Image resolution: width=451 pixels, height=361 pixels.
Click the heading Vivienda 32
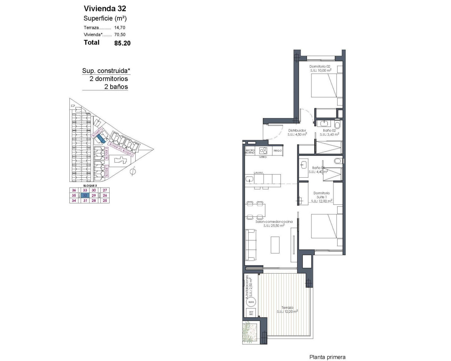[x=105, y=8]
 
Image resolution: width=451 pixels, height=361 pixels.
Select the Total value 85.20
[x=122, y=43]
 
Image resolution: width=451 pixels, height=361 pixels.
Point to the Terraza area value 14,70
[x=120, y=27]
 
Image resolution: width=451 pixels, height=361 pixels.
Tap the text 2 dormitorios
[x=109, y=79]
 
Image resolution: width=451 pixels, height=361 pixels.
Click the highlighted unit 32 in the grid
[x=85, y=195]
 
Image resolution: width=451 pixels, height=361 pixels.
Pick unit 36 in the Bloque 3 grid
[x=74, y=190]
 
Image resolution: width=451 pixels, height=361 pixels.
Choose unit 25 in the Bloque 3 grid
[x=105, y=201]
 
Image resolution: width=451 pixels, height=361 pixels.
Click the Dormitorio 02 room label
[x=320, y=67]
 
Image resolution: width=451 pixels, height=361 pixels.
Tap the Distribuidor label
[x=297, y=130]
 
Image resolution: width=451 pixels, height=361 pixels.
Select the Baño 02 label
[x=329, y=130]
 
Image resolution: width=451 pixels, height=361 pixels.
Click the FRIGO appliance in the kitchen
[x=277, y=151]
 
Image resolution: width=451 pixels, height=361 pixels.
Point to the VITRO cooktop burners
[x=263, y=151]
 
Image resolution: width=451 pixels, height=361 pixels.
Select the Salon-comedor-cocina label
[x=274, y=222]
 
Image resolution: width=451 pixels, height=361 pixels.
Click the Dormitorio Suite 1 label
[x=321, y=195]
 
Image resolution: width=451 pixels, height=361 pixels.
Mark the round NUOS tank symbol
[x=251, y=302]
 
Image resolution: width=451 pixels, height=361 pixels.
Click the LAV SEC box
[x=251, y=313]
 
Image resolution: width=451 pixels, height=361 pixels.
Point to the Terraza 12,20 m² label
[x=287, y=310]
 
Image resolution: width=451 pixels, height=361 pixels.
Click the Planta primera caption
[x=327, y=357]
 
